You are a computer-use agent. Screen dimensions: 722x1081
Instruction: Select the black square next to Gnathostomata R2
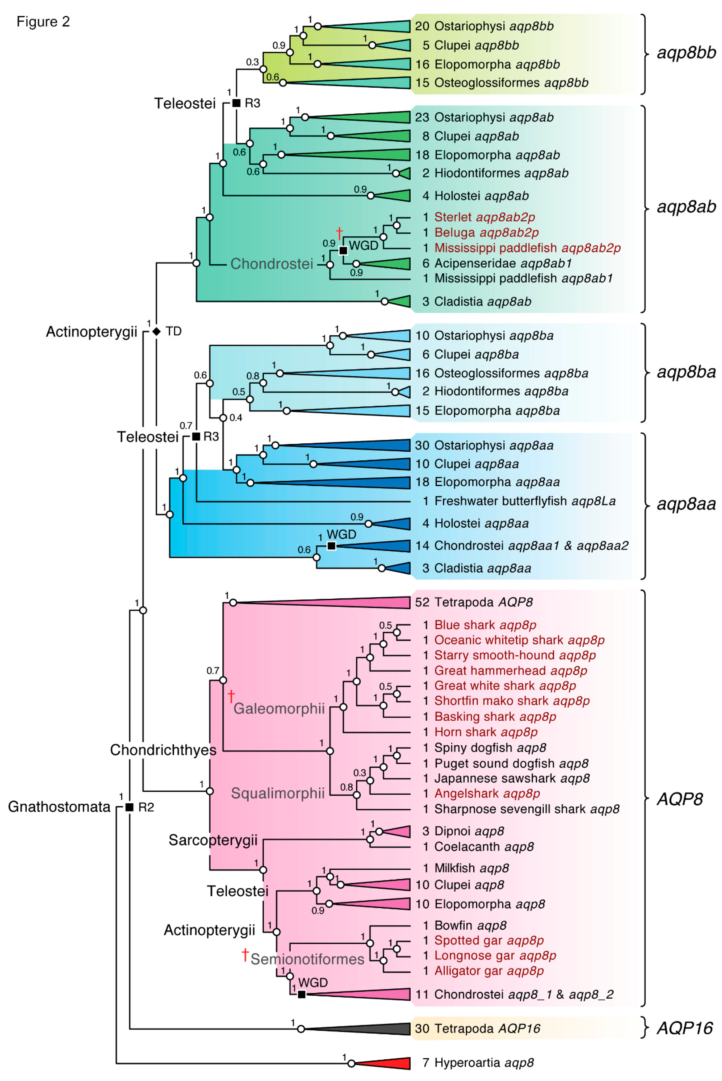point(129,807)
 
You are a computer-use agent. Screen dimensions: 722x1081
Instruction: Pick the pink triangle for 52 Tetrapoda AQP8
point(322,602)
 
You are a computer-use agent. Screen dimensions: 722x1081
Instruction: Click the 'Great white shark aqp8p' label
point(505,686)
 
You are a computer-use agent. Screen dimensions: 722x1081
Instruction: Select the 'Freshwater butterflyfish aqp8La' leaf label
point(525,501)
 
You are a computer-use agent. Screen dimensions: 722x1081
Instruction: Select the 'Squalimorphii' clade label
point(278,794)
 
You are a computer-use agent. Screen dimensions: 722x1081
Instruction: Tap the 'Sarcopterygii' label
point(213,840)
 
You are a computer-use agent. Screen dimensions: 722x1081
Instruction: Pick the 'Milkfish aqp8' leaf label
point(472,868)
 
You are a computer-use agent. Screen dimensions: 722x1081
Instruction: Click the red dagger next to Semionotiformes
point(245,955)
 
